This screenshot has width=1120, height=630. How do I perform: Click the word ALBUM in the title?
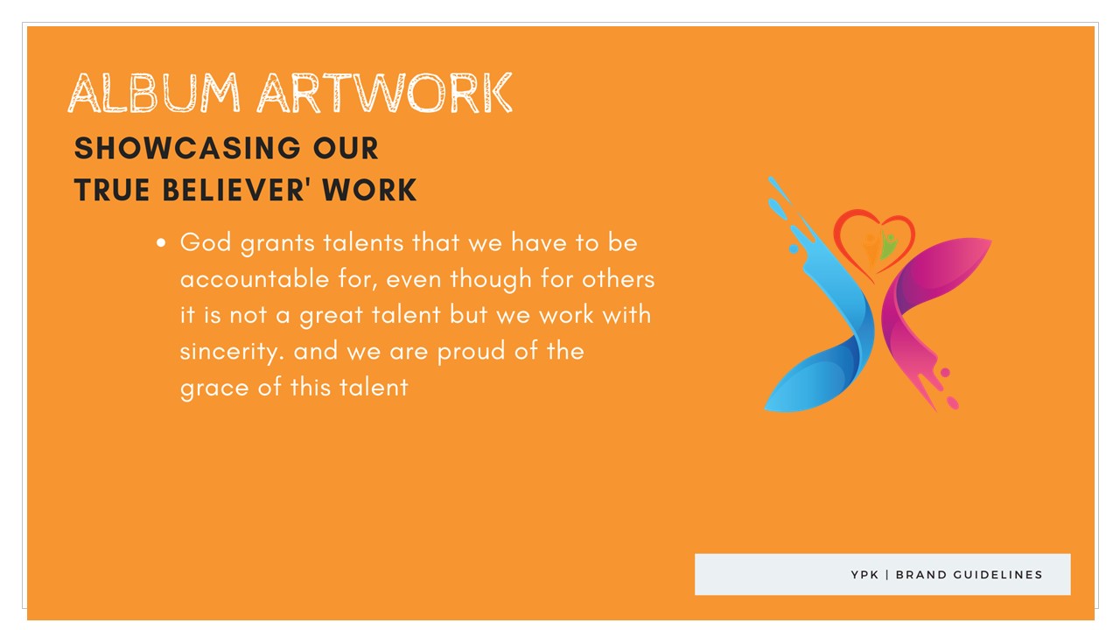coord(154,93)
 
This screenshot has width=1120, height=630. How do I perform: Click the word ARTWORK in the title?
coord(384,93)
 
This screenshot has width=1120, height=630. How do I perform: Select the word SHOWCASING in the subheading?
coord(187,149)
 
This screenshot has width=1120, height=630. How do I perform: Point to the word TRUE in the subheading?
coord(111,190)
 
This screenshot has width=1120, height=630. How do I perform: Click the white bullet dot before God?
coord(160,243)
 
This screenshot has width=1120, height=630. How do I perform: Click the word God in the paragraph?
coord(206,243)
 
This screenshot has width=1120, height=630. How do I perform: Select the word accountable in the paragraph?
coord(255,279)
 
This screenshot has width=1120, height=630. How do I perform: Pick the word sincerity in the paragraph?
coord(232,352)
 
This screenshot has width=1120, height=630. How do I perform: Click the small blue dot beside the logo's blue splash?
coord(794,248)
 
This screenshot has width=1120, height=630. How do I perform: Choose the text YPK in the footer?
coord(864,575)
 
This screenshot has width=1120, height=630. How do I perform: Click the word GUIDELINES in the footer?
coord(998,575)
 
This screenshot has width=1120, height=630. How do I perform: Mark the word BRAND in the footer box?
coord(920,575)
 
